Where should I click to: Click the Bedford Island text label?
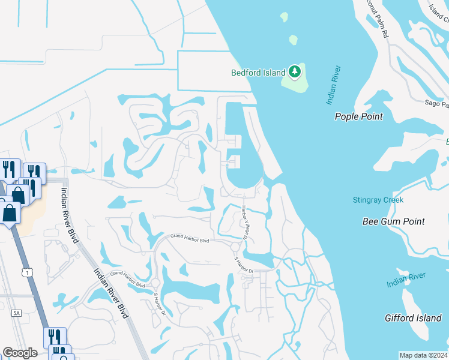point(259,73)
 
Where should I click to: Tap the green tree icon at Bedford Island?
point(294,72)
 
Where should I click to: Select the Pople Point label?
point(358,116)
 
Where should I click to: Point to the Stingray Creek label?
point(378,200)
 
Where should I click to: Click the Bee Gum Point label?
point(394,221)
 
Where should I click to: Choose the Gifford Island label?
point(413,317)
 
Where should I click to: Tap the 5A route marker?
point(16,313)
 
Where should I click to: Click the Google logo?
point(20,353)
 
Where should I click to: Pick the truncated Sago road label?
point(436,104)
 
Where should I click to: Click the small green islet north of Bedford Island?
point(293,40)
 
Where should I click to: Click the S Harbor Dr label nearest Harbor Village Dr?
point(244,265)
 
